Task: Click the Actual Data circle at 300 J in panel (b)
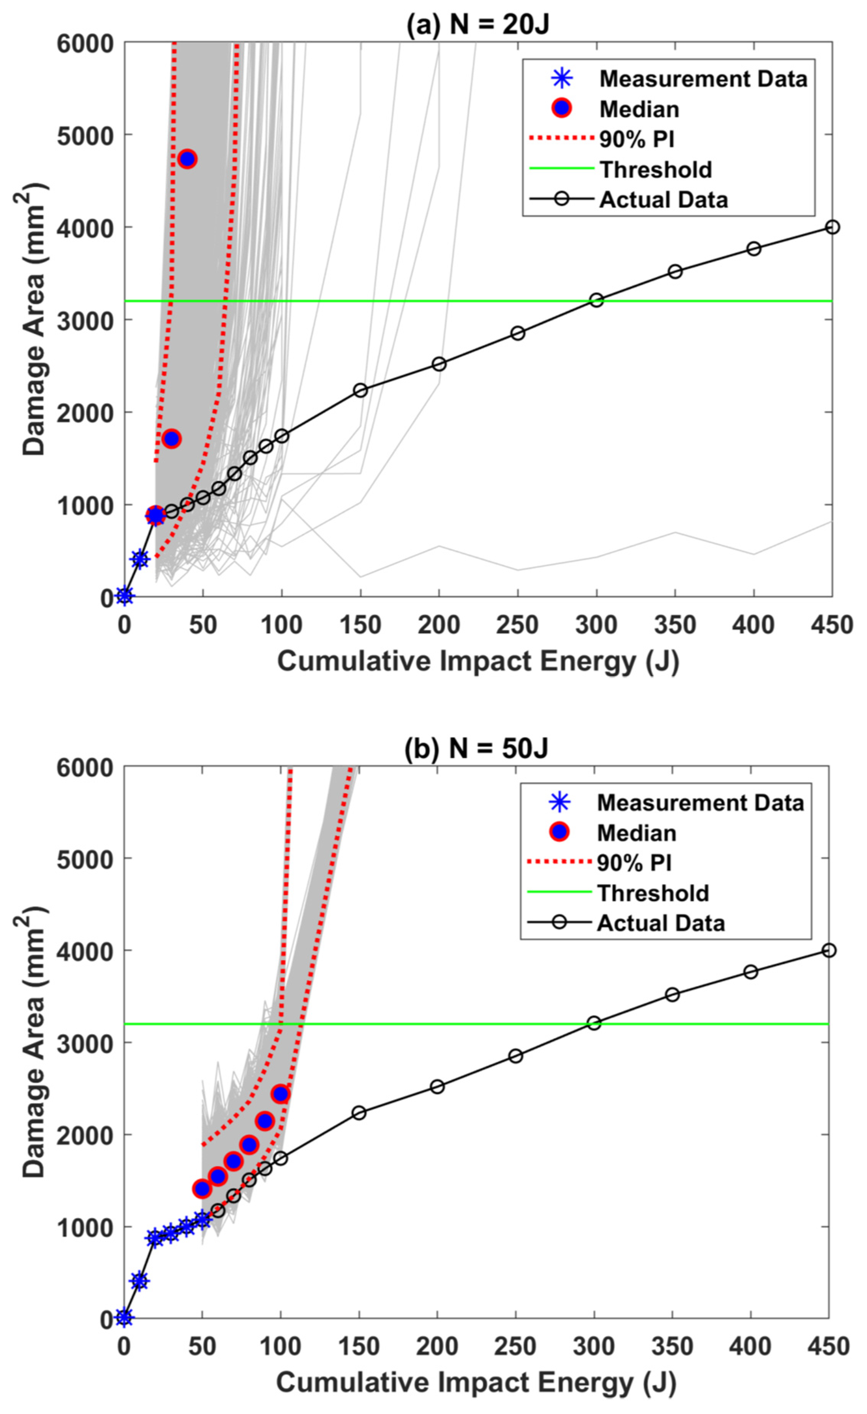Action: click(x=594, y=1023)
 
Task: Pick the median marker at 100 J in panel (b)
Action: click(x=280, y=1094)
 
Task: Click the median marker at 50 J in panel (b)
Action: click(x=202, y=1188)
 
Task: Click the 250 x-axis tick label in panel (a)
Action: click(x=518, y=625)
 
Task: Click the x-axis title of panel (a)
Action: click(x=478, y=661)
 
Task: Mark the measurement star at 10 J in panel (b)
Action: click(x=139, y=1280)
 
